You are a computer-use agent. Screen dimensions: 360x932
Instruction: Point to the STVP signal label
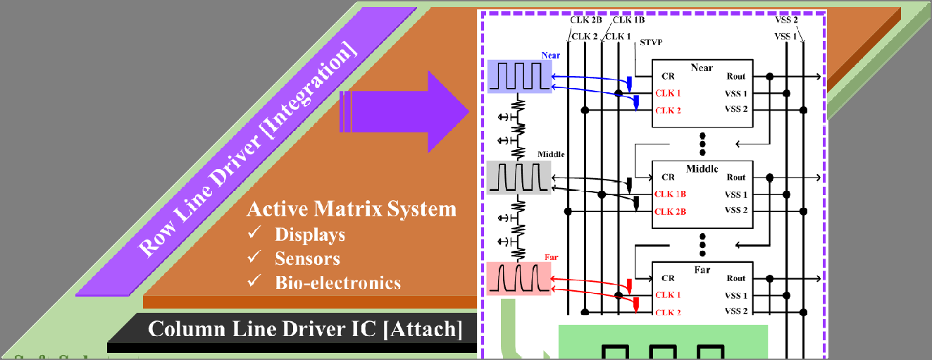pos(651,44)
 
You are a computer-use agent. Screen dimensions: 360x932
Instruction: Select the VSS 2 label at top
pos(786,20)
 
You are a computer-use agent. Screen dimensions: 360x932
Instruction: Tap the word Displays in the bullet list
pos(310,234)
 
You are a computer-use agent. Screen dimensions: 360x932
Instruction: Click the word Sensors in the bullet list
pos(307,259)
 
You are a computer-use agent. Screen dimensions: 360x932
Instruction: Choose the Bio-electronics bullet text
pos(337,283)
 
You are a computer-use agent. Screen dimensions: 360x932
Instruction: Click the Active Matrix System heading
pos(352,209)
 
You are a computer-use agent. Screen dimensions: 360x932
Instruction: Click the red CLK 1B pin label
pos(670,194)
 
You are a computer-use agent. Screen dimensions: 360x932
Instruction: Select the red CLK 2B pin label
pos(670,211)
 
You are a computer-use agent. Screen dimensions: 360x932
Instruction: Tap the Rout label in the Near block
pos(735,76)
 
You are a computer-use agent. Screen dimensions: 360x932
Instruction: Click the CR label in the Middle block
pos(668,178)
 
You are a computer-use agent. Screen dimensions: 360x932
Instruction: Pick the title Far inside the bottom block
pos(702,270)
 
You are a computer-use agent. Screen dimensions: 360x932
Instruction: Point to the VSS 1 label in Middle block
pos(736,194)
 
